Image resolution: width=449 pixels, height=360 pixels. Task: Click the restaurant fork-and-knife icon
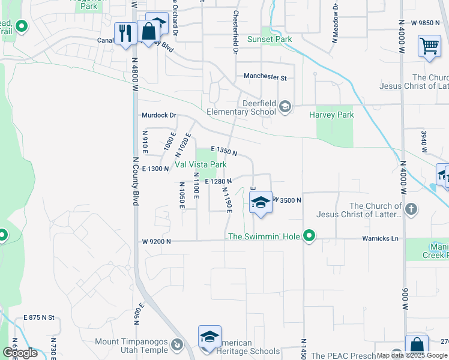pos(125,32)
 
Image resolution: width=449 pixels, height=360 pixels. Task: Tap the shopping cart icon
pos(429,46)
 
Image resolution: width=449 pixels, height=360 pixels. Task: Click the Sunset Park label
pos(270,40)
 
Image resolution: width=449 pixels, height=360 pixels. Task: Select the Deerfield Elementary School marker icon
pos(285,107)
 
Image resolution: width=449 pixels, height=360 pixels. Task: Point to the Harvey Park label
pos(331,115)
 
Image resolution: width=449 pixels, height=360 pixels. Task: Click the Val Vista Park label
pos(200,164)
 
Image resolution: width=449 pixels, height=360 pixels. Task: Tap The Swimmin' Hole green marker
pos(309,236)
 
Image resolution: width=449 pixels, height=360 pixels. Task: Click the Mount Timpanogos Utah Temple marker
pos(176,346)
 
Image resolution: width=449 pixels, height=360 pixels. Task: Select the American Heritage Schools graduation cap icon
pos(209,337)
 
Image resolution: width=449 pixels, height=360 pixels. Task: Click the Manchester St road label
pos(265,77)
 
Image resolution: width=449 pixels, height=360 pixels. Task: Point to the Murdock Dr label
pos(158,115)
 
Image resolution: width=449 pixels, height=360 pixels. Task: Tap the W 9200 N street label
pos(157,241)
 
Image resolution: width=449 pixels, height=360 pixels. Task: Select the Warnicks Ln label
pos(380,239)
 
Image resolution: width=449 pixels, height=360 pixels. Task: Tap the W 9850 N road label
pos(426,23)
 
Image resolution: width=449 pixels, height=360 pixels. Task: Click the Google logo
pos(19,353)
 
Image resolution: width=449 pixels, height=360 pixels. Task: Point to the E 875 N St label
pos(39,317)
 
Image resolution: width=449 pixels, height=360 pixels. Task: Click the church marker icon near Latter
pos(411,209)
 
